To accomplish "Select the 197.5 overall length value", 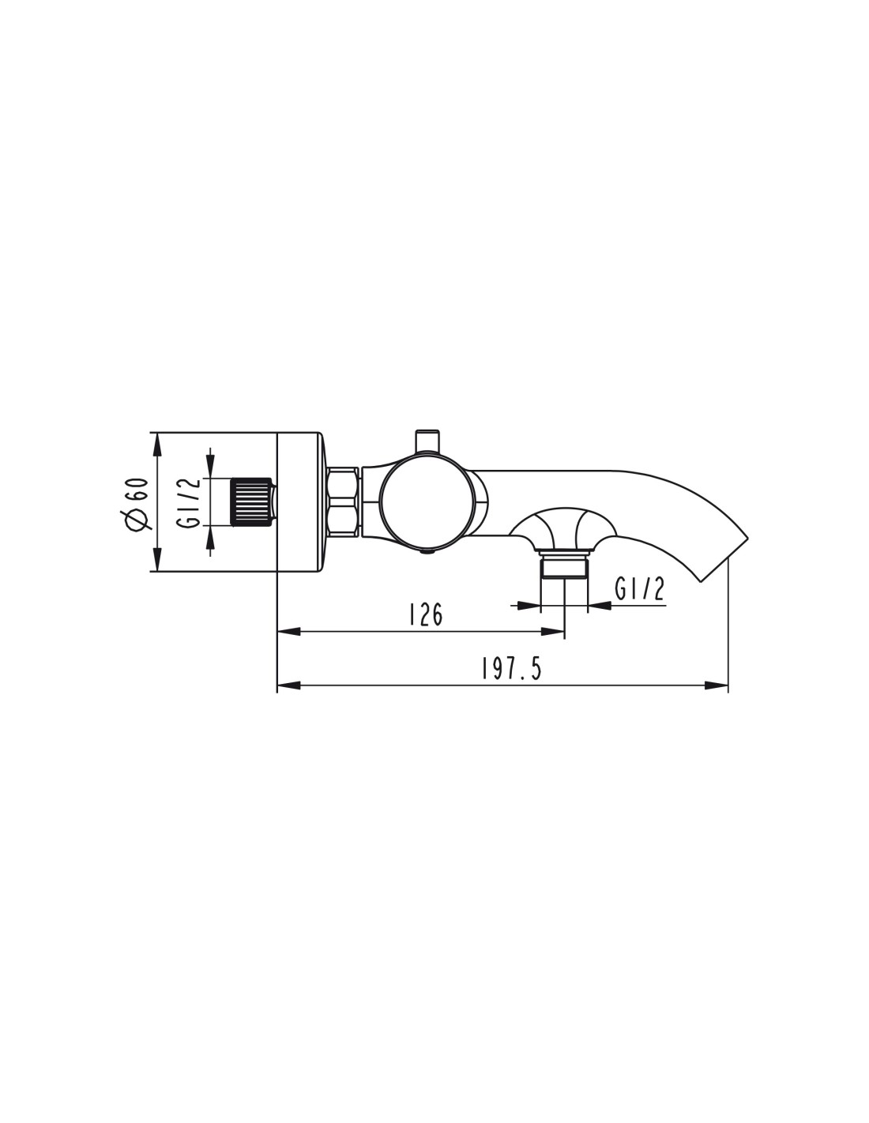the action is (511, 669).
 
